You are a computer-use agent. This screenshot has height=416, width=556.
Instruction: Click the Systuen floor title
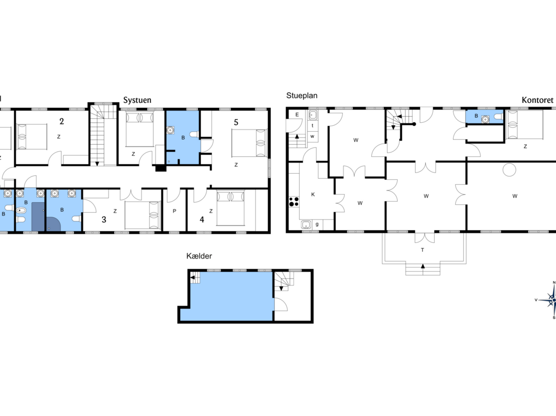tap(137, 100)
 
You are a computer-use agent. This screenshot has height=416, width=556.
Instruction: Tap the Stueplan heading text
tap(301, 95)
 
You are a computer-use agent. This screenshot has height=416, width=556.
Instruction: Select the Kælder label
tap(199, 256)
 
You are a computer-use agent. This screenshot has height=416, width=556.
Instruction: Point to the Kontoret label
tap(537, 100)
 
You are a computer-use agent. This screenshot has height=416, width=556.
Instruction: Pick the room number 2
tap(62, 121)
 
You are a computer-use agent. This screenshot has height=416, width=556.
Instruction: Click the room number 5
tap(236, 122)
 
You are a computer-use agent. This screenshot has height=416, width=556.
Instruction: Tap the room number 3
tap(104, 219)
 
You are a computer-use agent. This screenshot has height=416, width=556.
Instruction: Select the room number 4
tap(202, 219)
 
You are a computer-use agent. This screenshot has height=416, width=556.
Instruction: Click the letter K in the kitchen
tap(313, 194)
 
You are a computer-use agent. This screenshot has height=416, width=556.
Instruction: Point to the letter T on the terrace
tap(422, 250)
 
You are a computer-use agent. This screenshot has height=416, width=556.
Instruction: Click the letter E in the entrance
tap(297, 114)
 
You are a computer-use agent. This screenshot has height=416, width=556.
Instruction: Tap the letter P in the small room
tap(175, 212)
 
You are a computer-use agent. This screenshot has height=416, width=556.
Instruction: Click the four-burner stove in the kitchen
tap(294, 202)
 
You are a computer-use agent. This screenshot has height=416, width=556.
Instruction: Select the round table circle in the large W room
tap(509, 170)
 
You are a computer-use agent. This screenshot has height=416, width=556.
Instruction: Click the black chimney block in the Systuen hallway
tap(161, 169)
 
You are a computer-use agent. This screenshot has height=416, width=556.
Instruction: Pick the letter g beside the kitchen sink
tap(317, 224)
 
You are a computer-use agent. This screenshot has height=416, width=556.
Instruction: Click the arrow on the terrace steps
tap(423, 266)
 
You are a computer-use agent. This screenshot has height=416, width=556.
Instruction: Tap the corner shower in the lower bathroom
tap(54, 224)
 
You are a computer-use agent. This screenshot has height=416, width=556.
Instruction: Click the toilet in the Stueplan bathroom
tap(498, 117)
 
